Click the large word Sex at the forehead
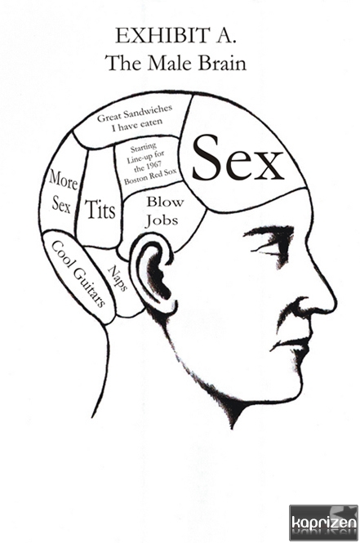(x=238, y=159)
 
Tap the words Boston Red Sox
(x=150, y=176)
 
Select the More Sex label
(x=62, y=192)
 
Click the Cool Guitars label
(x=78, y=274)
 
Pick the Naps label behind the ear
(x=118, y=278)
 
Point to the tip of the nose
(x=336, y=305)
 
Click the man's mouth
(x=291, y=343)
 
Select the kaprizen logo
(x=323, y=523)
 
